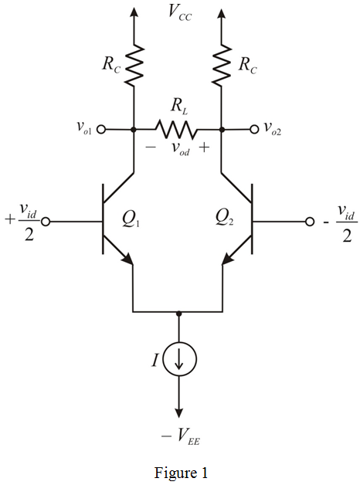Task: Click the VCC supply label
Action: point(178,11)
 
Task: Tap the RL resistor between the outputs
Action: point(178,128)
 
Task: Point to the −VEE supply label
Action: point(178,436)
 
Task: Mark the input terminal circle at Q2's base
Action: point(311,222)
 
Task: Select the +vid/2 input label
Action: point(22,222)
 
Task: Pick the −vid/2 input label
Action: point(338,222)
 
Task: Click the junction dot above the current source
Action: point(178,313)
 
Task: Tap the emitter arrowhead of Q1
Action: point(127,260)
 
